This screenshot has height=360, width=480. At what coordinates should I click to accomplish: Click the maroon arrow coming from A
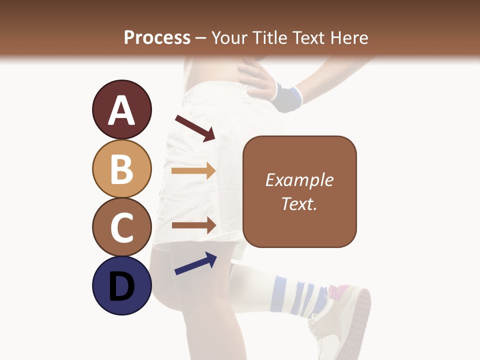pyautogui.click(x=195, y=128)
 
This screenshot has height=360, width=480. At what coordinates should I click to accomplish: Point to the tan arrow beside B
pyautogui.click(x=193, y=170)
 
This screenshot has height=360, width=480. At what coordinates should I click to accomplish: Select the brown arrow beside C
pyautogui.click(x=193, y=225)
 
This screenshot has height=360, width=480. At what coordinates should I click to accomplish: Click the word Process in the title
pyautogui.click(x=157, y=37)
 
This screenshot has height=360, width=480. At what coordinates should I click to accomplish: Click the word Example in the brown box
pyautogui.click(x=299, y=180)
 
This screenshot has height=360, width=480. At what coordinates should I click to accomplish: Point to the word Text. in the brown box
pyautogui.click(x=299, y=203)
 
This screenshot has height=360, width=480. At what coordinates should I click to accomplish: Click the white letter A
pyautogui.click(x=121, y=111)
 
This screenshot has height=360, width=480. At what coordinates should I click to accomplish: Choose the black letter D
pyautogui.click(x=121, y=287)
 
